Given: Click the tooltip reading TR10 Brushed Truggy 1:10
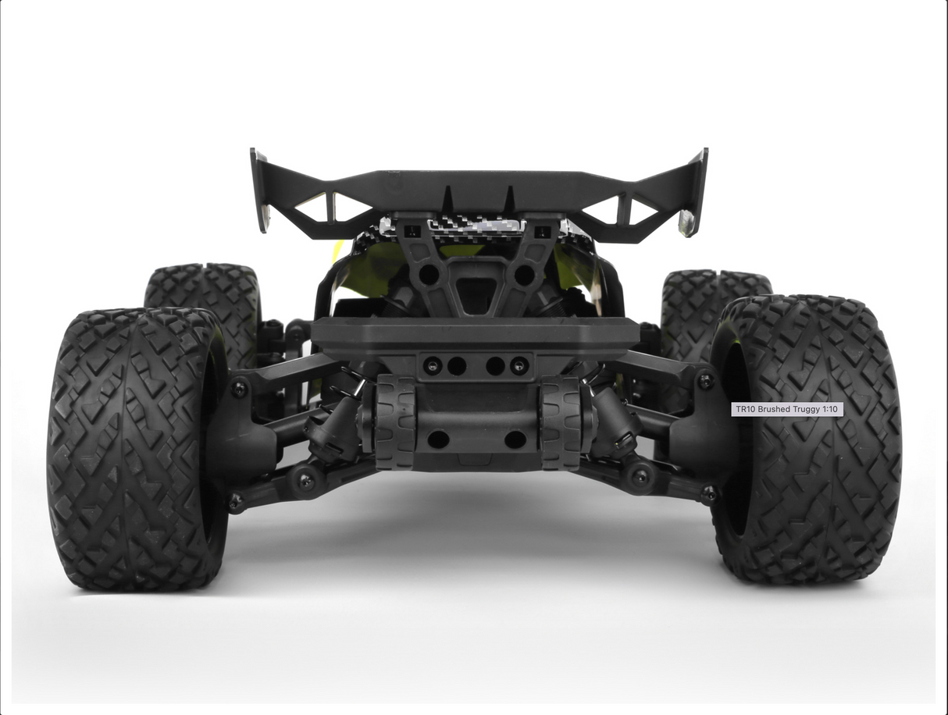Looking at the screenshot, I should (x=786, y=409).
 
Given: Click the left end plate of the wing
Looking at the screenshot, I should (x=259, y=191).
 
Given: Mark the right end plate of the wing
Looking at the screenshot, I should (x=694, y=191).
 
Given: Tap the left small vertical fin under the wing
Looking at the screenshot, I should (x=447, y=199).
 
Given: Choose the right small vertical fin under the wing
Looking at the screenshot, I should (x=509, y=199).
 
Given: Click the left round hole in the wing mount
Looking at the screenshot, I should (x=428, y=275).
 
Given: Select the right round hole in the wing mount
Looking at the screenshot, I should (x=524, y=275).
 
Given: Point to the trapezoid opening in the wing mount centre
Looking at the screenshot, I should (x=476, y=293).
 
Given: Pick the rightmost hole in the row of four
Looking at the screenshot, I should (x=519, y=365).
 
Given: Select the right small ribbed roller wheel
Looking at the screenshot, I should (x=561, y=422).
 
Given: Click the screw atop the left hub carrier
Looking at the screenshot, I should (x=239, y=386).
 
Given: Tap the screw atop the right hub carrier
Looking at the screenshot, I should (x=705, y=381).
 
